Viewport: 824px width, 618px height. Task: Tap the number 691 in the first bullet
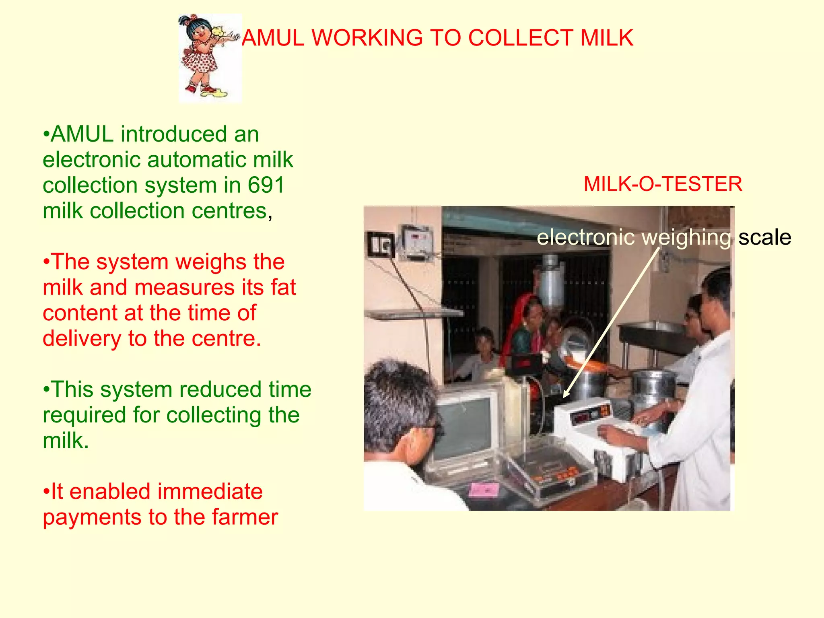[266, 185]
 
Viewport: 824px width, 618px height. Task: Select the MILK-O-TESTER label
[663, 184]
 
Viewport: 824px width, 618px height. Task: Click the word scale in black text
[764, 237]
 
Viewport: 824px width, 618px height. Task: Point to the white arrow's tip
[564, 397]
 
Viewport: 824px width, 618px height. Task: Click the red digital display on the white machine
[591, 414]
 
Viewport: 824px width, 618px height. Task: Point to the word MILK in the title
[607, 38]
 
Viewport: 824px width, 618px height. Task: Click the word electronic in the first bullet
[92, 160]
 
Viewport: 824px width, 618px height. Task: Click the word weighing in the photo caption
[686, 237]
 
